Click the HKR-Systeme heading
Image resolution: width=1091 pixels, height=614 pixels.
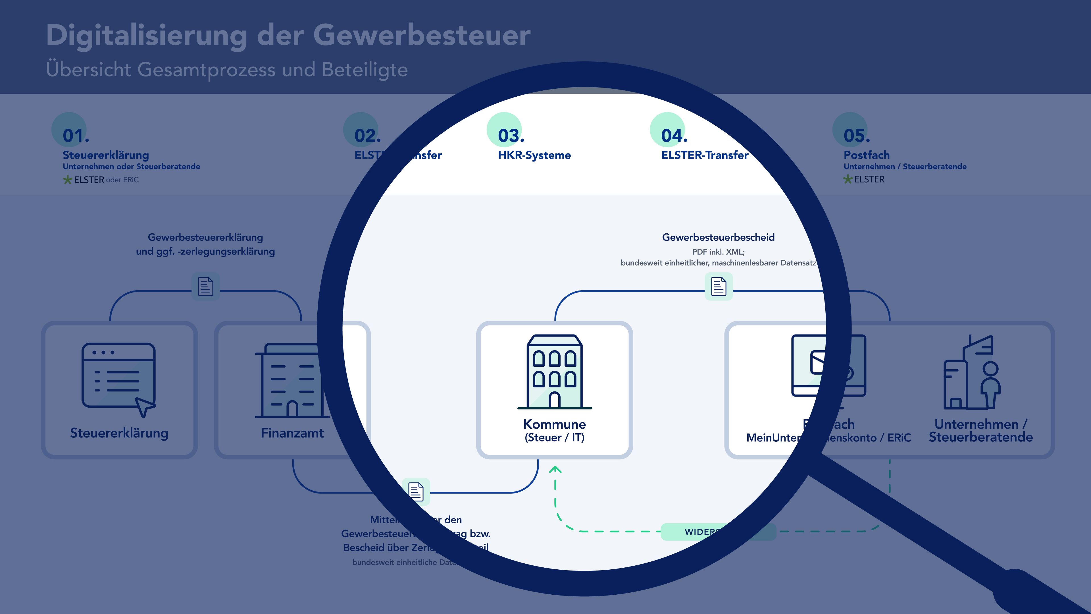534,155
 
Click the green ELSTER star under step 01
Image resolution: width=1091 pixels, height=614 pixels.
67,180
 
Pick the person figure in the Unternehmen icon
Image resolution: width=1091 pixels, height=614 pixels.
990,383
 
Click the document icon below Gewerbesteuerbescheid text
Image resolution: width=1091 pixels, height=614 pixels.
718,287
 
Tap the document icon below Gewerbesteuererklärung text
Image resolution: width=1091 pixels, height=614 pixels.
205,287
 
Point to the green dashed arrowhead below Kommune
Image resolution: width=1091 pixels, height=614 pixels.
555,470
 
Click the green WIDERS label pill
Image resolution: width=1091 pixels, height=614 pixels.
703,532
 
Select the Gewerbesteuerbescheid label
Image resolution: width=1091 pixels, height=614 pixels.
718,237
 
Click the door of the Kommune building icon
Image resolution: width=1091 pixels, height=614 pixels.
554,400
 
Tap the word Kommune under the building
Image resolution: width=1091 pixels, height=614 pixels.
554,424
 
